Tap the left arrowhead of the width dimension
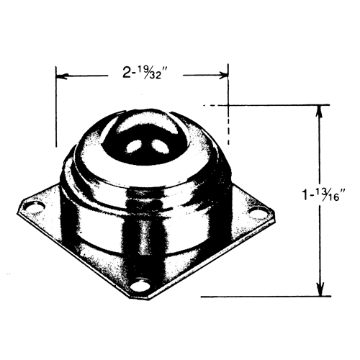62,73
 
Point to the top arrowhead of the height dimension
319,110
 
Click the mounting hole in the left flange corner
30,209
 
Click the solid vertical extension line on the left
56,108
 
